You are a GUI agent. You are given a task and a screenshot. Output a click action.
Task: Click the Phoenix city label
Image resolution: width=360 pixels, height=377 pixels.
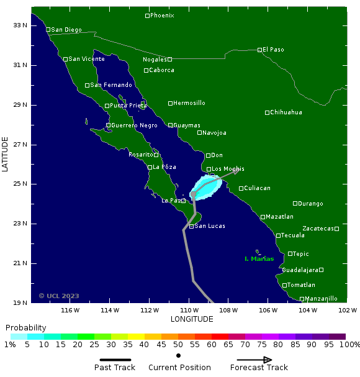coord(162,16)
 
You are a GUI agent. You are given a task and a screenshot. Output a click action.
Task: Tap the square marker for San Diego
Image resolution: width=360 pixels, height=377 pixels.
coord(48,29)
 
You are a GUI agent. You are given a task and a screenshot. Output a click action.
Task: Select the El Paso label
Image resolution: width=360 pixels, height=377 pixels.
coord(273,49)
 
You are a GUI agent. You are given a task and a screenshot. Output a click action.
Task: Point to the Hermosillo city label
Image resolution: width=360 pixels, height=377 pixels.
coord(189,103)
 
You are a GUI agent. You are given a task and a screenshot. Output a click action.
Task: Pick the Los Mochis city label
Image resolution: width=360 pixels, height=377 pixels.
coord(228,169)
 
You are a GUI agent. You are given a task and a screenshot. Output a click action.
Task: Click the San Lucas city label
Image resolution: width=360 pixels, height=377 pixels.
coord(210,226)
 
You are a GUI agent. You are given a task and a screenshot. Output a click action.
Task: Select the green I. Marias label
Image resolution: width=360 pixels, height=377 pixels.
coord(259,258)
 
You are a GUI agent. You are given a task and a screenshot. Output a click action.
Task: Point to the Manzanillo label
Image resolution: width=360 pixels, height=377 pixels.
coord(321,299)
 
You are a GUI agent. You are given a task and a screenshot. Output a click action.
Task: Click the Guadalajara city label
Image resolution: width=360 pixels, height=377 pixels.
coord(300,270)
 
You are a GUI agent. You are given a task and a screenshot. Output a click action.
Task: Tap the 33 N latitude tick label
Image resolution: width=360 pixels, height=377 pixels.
coord(20,25)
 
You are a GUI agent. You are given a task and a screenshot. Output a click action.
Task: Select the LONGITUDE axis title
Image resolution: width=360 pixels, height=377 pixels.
coord(192,319)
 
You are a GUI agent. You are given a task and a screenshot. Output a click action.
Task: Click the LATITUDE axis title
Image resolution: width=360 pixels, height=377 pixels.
coord(6,155)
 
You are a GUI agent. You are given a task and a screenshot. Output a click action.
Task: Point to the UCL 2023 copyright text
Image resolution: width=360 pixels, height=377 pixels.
coord(59,296)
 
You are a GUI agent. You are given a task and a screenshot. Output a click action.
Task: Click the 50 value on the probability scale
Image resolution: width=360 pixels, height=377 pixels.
coord(178,345)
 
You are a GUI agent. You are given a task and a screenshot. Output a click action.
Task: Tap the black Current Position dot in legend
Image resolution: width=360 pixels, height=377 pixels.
coord(179,355)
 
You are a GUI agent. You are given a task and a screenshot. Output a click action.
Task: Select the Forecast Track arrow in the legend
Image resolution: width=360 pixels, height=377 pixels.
coord(254,360)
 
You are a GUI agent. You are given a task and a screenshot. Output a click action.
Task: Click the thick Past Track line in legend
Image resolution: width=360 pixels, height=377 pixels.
coord(115,360)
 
